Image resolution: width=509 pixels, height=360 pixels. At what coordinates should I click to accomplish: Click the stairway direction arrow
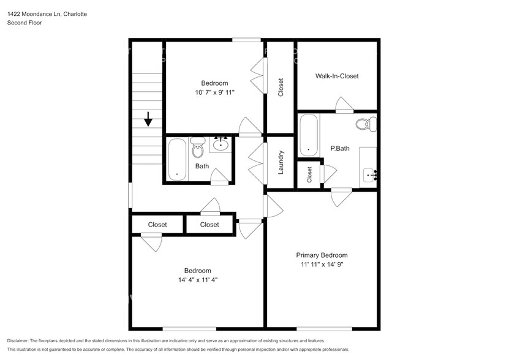(x=148, y=119)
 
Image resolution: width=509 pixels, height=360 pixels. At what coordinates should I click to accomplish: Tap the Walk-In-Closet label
(x=336, y=77)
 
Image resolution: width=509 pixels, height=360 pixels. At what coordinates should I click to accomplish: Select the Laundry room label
(x=281, y=162)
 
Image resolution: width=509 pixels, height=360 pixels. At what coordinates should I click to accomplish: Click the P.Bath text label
(x=339, y=148)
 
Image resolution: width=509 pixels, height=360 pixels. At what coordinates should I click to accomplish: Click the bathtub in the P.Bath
(x=308, y=135)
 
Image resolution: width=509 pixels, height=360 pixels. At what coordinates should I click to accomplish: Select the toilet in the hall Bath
(x=197, y=147)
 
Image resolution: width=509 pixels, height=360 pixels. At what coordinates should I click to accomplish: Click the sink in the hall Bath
(x=220, y=144)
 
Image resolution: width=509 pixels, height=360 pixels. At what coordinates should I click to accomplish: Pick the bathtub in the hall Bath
(x=177, y=160)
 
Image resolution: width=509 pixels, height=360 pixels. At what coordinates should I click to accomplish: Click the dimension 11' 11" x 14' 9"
(x=322, y=265)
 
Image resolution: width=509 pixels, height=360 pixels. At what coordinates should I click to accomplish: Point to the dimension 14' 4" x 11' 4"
(x=197, y=280)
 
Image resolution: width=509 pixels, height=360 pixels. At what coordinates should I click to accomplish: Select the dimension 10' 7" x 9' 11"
(x=214, y=93)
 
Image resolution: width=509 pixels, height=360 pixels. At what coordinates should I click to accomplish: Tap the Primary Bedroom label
(x=322, y=255)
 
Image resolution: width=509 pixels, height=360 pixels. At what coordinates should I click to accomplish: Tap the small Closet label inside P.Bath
(x=310, y=174)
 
